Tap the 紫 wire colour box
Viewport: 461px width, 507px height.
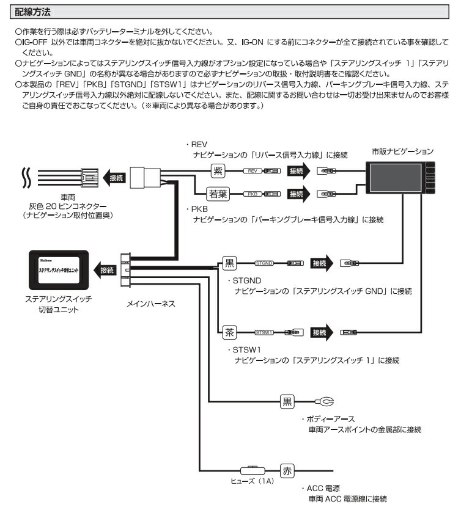tap(218, 171)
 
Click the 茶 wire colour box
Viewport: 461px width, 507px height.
tap(229, 332)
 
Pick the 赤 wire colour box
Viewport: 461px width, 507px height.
tap(288, 471)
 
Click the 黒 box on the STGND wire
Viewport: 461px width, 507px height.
tap(229, 263)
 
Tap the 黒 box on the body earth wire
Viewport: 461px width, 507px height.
tap(287, 401)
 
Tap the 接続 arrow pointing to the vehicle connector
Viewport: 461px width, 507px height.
tap(114, 178)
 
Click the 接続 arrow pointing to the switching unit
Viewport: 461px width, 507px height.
tap(105, 269)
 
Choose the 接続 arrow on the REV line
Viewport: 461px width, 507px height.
tap(301, 171)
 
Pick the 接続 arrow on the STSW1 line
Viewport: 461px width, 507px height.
tap(323, 332)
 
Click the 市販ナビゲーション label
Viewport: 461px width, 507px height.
tap(403, 150)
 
